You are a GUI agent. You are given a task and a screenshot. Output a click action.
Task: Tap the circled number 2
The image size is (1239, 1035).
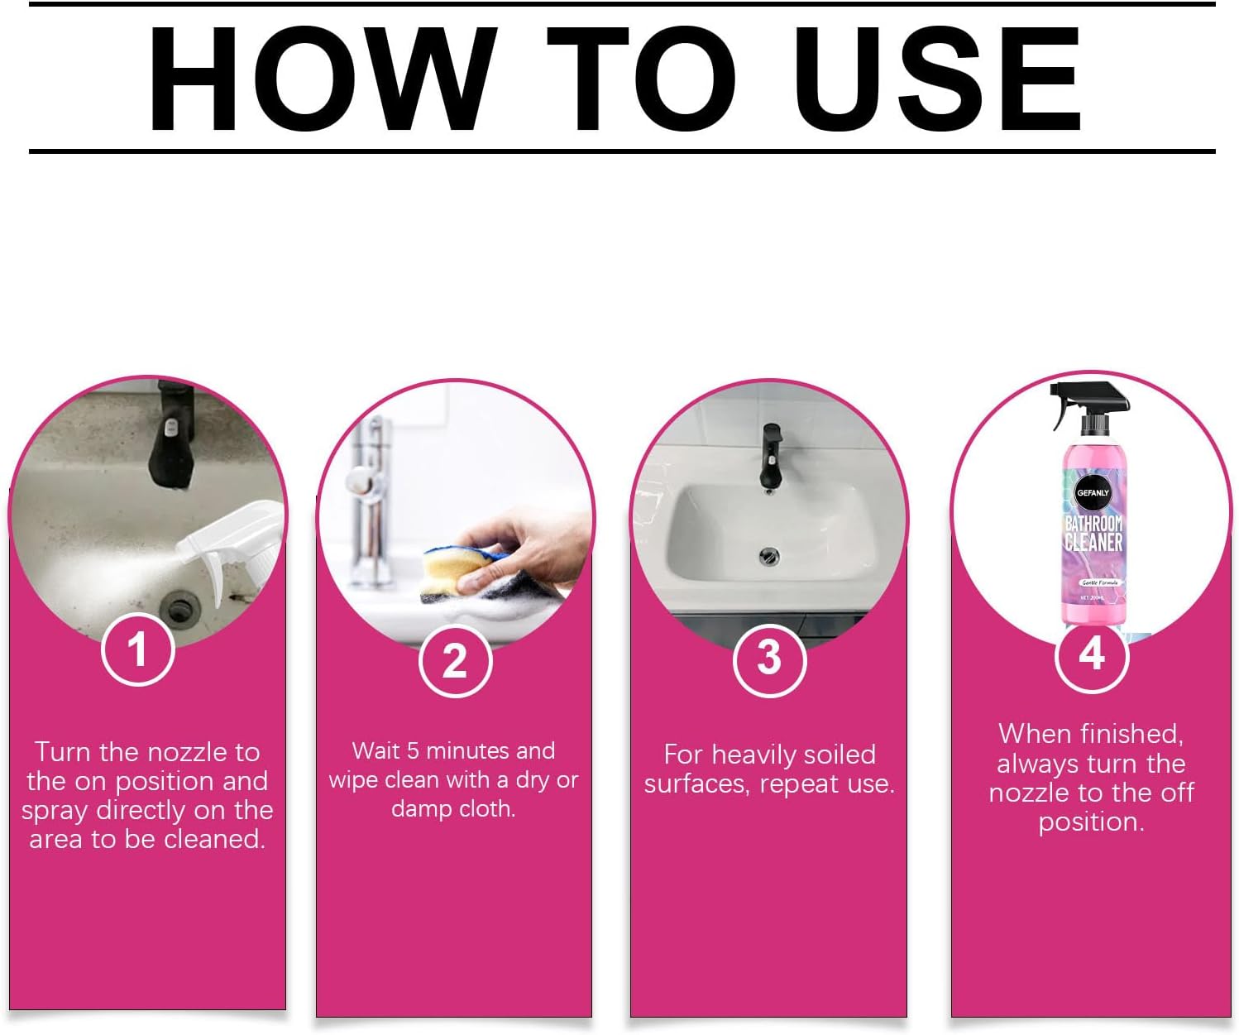(454, 661)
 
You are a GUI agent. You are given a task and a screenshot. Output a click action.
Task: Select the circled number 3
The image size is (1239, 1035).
(769, 659)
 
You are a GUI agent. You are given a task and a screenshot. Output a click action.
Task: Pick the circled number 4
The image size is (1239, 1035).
(1092, 655)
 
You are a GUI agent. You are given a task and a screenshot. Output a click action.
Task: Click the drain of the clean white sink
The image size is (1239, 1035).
(769, 555)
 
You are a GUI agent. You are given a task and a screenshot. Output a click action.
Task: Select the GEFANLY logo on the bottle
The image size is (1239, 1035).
(1093, 493)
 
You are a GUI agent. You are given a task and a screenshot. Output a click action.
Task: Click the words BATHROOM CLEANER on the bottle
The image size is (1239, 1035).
(1093, 533)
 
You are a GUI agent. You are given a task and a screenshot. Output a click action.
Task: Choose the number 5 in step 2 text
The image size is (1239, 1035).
(413, 751)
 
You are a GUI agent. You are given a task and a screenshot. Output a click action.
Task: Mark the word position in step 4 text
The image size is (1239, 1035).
(1091, 822)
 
